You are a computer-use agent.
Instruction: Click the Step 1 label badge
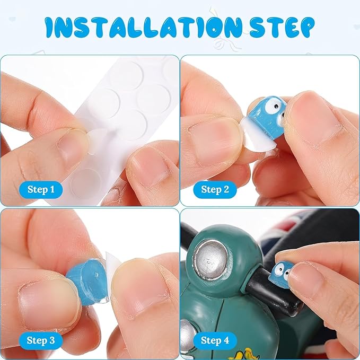coord(41,190)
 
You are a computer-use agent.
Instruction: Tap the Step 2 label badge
coord(215,190)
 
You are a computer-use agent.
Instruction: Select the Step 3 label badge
coord(41,340)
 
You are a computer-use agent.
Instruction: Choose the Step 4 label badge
coord(215,340)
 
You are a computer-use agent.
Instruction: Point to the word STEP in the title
coord(282,27)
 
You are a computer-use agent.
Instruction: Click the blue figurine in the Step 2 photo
coord(267,117)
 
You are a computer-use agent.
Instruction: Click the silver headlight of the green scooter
coord(210,259)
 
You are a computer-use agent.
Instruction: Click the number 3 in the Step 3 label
coord(52,340)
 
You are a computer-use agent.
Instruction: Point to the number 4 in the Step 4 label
coord(226,340)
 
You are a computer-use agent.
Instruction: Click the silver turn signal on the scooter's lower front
coord(188,332)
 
